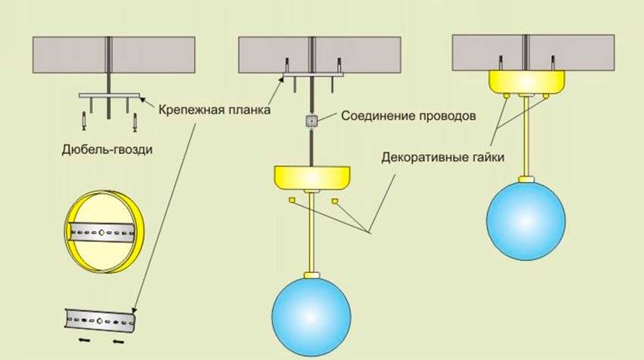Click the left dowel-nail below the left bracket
click(85, 120)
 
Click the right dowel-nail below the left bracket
click(135, 120)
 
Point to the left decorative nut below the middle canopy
click(291, 200)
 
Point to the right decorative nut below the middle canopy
click(335, 200)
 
